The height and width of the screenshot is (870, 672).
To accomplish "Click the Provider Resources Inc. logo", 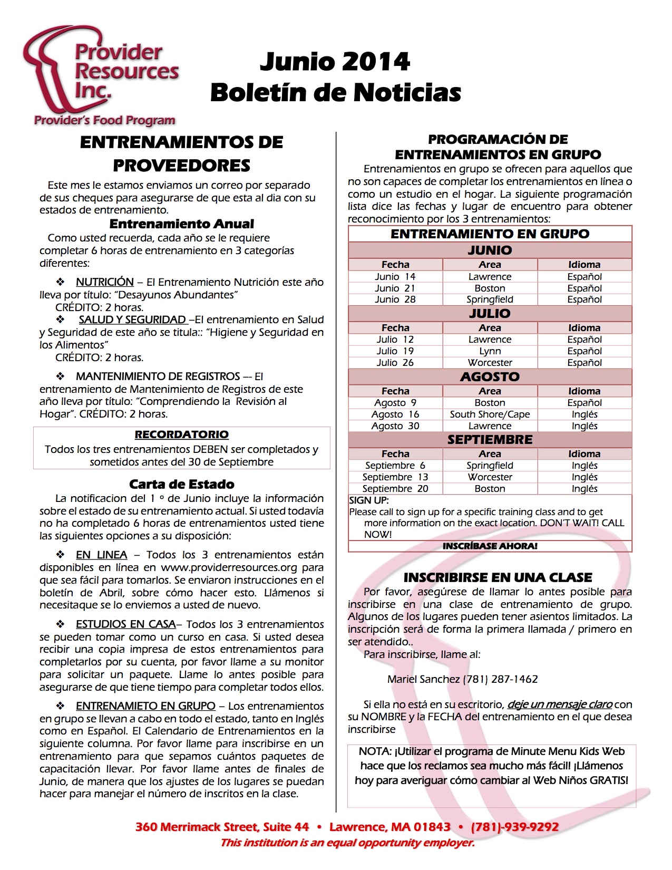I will point(100,74).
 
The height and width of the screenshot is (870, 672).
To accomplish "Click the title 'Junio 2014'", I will point(335,62).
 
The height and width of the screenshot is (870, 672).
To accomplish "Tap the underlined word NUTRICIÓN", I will point(104,282).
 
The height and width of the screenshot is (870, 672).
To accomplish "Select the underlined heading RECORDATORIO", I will point(181,434).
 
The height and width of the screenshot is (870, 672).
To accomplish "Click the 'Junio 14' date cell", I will point(395,277).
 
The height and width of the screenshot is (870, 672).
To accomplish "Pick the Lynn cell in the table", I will point(490,351).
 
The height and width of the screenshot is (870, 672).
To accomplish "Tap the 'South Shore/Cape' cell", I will point(490,414).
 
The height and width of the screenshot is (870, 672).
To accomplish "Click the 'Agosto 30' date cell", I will point(395,426).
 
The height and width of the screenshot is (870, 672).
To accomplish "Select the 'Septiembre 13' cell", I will point(395,477).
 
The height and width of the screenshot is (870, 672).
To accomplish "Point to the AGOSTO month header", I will point(490,376).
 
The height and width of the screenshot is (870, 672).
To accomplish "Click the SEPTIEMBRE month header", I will point(490,440).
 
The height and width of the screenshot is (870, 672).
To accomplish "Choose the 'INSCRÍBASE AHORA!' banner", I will point(490,546).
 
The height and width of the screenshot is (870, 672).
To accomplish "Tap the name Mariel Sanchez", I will point(423,679).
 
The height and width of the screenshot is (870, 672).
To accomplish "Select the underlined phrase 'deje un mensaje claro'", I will point(560,704).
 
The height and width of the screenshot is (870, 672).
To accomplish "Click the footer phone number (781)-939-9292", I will point(514,827).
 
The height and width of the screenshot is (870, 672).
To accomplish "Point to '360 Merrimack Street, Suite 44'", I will point(222,827).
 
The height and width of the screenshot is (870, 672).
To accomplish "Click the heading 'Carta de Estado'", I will point(181,484).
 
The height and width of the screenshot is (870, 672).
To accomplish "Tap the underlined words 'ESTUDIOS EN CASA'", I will point(125,624).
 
